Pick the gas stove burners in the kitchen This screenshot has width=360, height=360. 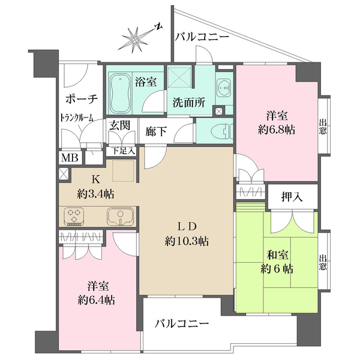pos(77,215)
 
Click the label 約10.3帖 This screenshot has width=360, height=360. pos(188,242)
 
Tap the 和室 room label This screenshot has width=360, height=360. pos(277,254)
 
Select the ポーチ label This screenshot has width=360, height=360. pos(78,99)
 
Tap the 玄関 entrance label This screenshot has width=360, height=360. pos(119,125)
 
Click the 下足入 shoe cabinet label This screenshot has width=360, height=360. pos(124,151)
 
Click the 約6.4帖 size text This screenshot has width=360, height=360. pos(96,301)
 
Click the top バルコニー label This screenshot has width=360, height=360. pos(202,37)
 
